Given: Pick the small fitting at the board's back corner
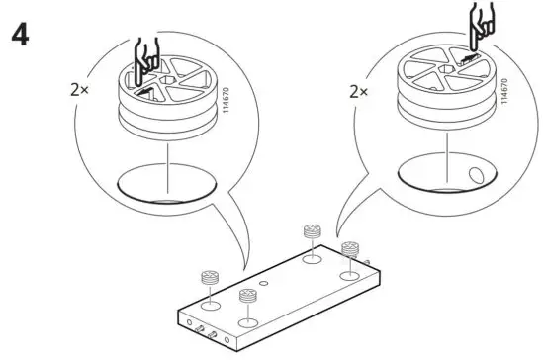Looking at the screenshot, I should (312, 232).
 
